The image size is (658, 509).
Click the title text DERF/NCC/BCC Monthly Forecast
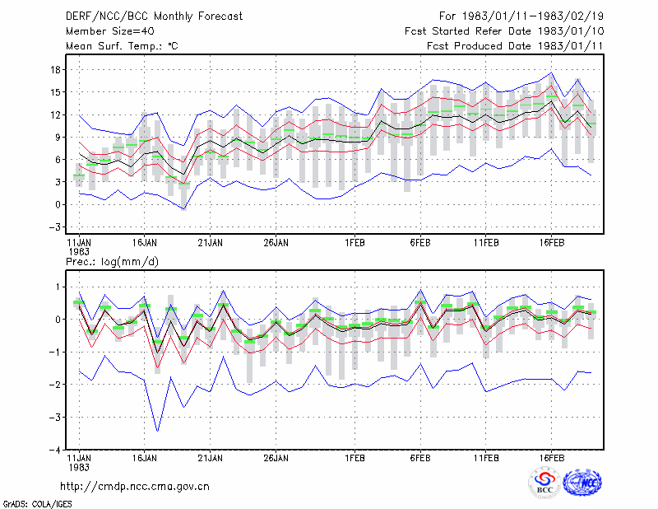[154, 16]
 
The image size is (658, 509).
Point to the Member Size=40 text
[110, 31]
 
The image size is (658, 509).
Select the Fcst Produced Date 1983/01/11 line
[515, 46]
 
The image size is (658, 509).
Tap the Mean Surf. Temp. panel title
[122, 46]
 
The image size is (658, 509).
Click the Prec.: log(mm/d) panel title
[112, 262]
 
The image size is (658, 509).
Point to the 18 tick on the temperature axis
[56, 70]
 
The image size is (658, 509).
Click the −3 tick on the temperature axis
[55, 227]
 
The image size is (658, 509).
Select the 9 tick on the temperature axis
[58, 138]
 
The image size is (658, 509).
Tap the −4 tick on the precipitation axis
[55, 450]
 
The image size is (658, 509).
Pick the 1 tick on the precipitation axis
[58, 287]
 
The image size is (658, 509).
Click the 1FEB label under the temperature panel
[355, 243]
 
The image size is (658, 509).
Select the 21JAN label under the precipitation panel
[211, 458]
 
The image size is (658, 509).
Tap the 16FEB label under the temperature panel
[552, 243]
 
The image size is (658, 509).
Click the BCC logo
[544, 483]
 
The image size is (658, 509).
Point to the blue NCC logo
[583, 483]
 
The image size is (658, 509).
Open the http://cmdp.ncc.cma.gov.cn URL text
[135, 487]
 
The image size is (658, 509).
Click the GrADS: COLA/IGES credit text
[37, 504]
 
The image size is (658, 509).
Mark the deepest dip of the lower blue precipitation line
[158, 431]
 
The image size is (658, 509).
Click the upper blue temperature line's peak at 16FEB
[551, 72]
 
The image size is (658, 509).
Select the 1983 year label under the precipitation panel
[78, 467]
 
